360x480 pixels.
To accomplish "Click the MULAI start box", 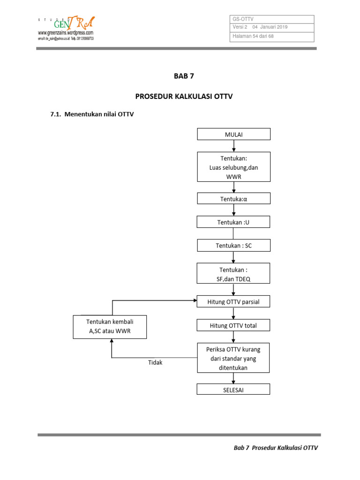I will coord(233,134).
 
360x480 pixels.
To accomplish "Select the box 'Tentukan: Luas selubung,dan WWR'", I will coord(233,166).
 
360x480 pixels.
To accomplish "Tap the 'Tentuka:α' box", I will coord(233,199).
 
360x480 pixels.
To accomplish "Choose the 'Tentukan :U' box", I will coord(233,222).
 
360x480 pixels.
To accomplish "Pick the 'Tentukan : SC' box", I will coord(233,246).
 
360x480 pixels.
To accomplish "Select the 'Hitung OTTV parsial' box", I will coord(233,302).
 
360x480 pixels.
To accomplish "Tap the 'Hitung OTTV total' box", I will coord(233,325).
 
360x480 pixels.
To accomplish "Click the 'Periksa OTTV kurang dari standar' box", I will coord(233,358).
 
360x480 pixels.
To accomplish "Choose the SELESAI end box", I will coord(233,389).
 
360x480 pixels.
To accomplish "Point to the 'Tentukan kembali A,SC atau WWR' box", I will coord(110,327).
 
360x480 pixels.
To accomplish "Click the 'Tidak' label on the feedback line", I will coord(155,362).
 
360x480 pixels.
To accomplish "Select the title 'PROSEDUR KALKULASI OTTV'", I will coord(184,97).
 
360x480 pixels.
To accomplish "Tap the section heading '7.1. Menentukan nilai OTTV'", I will coord(92,113).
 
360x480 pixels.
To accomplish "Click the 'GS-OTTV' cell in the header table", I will coord(243,19).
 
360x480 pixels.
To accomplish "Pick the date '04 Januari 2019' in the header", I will coord(270,27).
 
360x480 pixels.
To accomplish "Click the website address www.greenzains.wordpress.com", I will coord(66,33).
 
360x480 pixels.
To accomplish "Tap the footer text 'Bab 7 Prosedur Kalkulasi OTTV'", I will coord(276,448).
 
